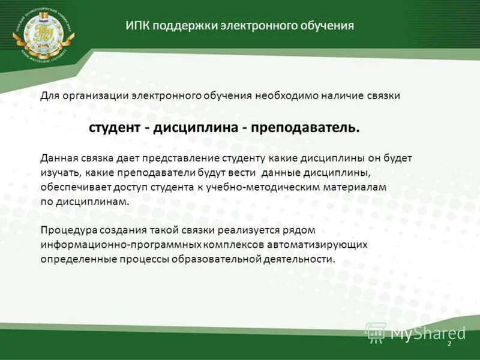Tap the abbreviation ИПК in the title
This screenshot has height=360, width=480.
click(x=137, y=26)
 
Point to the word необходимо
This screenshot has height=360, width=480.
click(x=289, y=96)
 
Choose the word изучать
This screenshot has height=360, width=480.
click(x=59, y=173)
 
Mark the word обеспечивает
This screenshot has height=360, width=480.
click(x=76, y=187)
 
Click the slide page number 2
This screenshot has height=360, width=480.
click(x=448, y=344)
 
